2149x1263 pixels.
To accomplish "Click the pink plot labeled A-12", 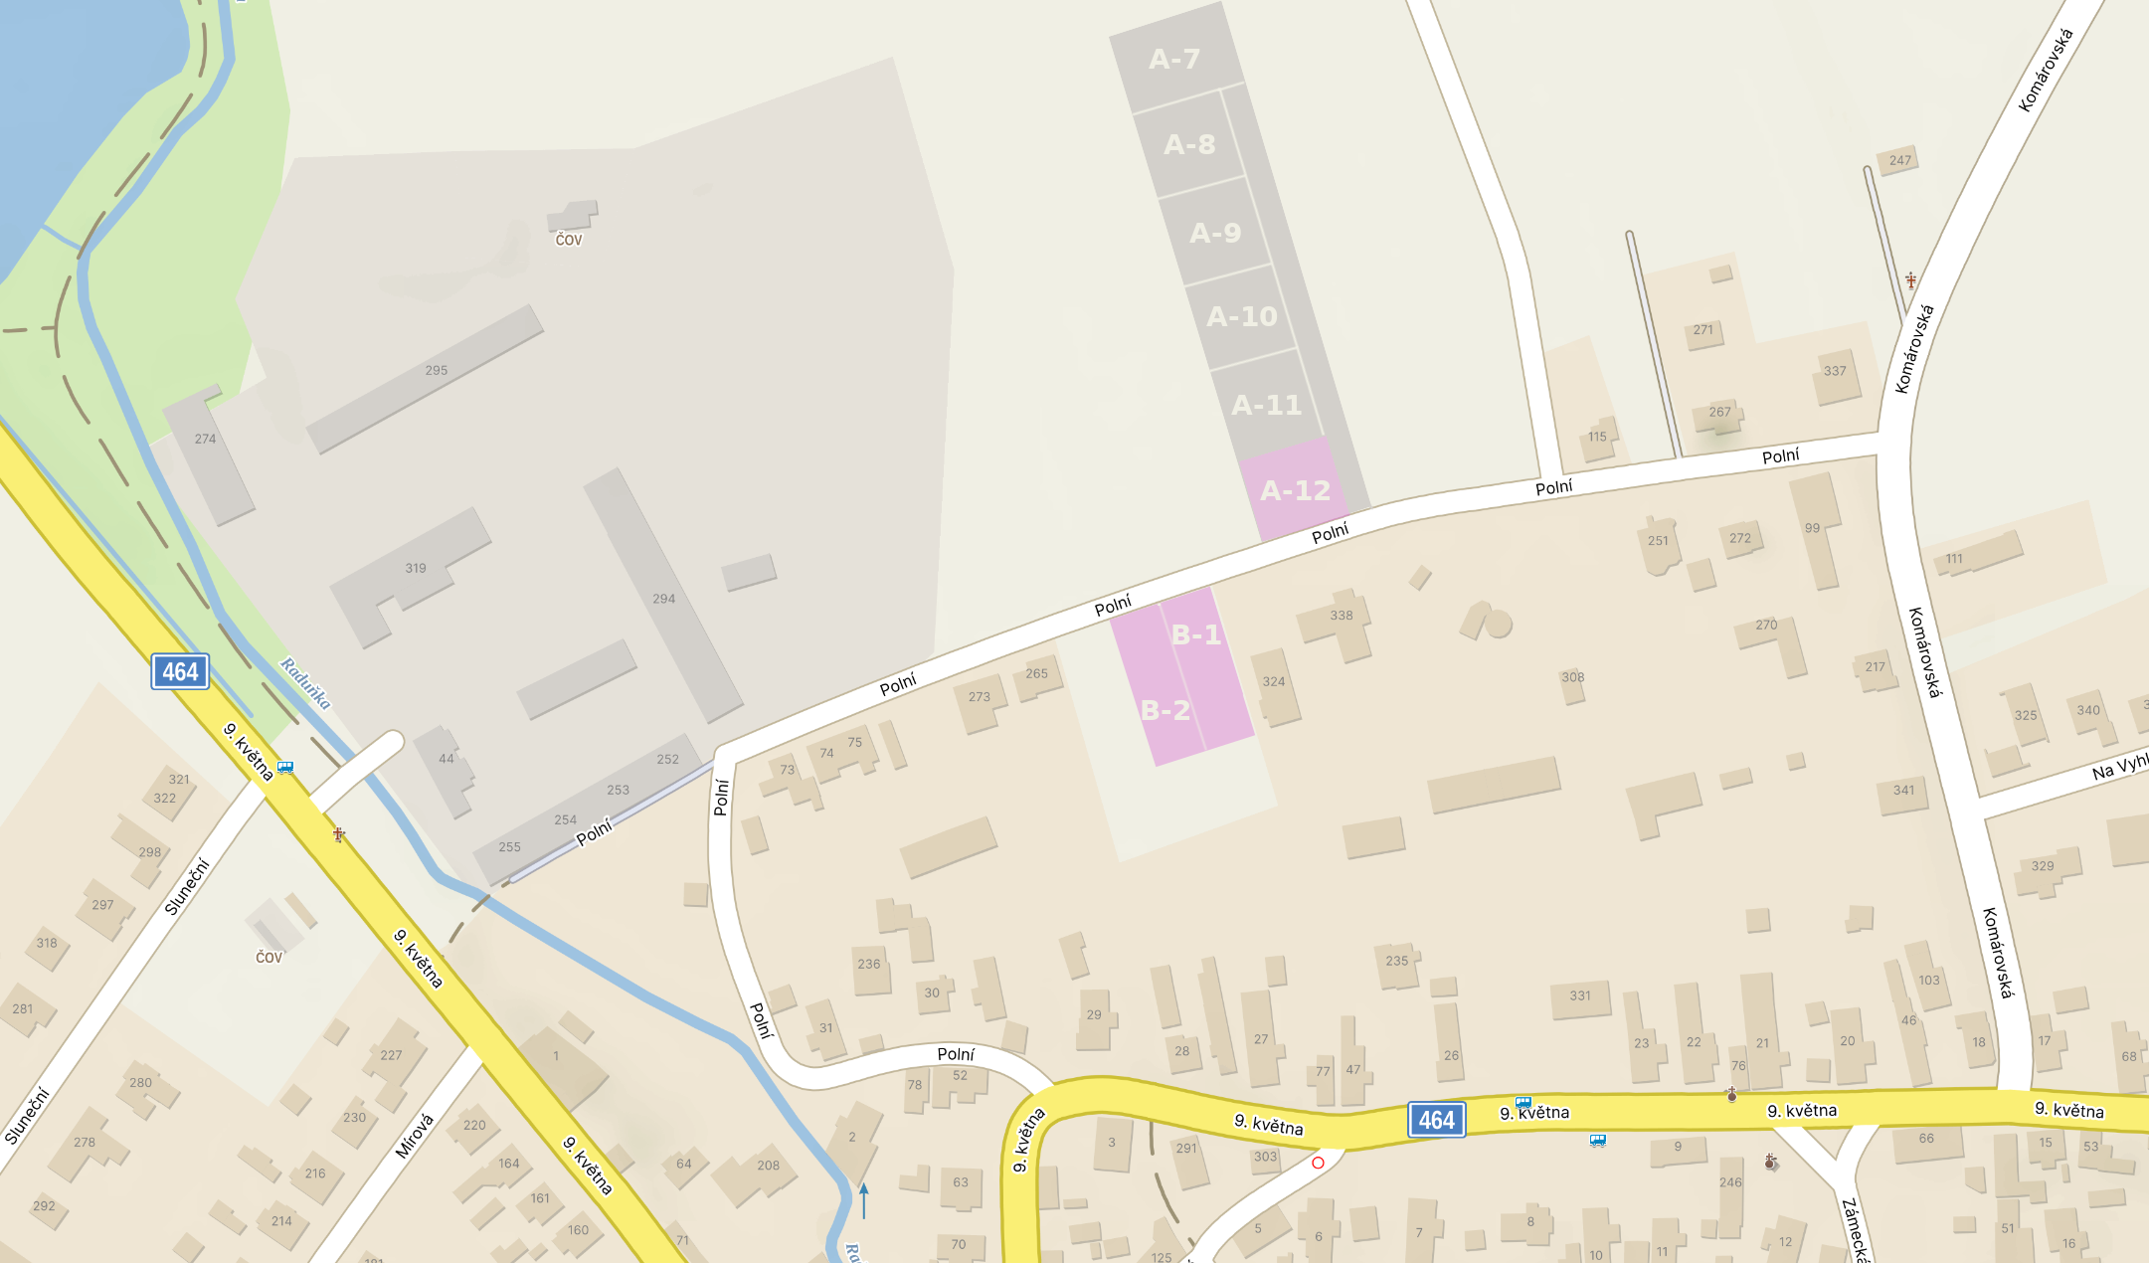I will [x=1295, y=490].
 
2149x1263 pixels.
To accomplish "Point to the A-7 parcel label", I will [x=1174, y=60].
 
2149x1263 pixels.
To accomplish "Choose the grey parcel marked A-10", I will [x=1242, y=317].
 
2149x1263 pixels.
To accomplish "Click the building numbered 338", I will [x=1339, y=622].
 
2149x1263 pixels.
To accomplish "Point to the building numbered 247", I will [x=1899, y=160].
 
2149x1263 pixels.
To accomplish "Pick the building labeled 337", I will [x=1837, y=376].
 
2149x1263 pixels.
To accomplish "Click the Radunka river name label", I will [x=304, y=683].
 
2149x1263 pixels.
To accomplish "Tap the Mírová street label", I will [x=415, y=1136].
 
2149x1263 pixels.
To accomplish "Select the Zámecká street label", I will [x=1854, y=1229].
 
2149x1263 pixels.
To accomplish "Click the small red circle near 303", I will [x=1318, y=1163].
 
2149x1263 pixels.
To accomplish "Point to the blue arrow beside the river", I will [x=863, y=1200].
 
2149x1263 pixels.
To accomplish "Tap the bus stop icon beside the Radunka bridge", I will [x=285, y=767].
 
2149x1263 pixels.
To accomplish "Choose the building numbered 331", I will [x=1580, y=997].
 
